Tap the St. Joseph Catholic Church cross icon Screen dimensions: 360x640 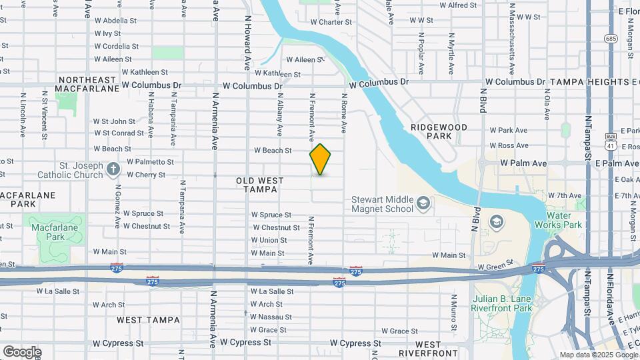pyautogui.click(x=113, y=169)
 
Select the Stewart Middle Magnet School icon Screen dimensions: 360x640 pyautogui.click(x=422, y=203)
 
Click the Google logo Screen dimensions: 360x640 pyautogui.click(x=21, y=351)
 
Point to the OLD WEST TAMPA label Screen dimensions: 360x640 pyautogui.click(x=260, y=185)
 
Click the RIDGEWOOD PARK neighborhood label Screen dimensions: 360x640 pyautogui.click(x=439, y=131)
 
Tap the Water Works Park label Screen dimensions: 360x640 pyautogui.click(x=563, y=220)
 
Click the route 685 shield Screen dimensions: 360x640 pyautogui.click(x=611, y=38)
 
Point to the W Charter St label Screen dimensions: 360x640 pyautogui.click(x=331, y=21)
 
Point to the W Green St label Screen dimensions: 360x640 pyautogui.click(x=494, y=267)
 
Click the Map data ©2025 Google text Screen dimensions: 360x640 pyautogui.click(x=597, y=355)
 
